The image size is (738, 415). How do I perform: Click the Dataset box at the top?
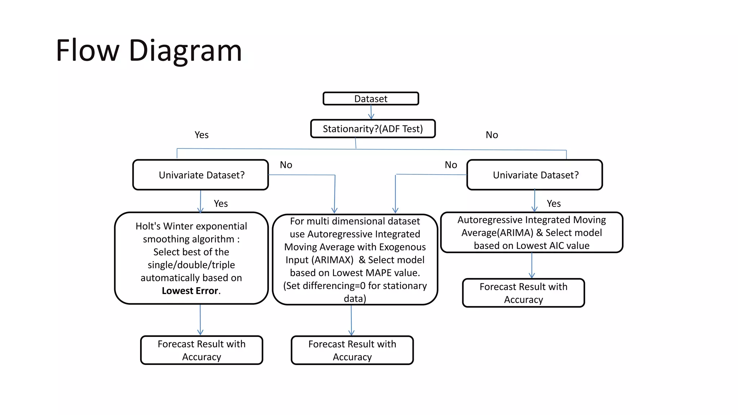click(x=370, y=99)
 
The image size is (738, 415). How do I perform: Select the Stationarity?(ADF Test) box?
click(x=373, y=129)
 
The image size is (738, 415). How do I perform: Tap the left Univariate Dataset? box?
click(x=201, y=175)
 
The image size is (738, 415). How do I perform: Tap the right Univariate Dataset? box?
click(x=535, y=175)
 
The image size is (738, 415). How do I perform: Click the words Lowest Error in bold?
click(x=190, y=291)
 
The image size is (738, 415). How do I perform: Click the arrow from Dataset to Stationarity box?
click(x=371, y=112)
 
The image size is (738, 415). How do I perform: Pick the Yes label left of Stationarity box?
click(x=201, y=135)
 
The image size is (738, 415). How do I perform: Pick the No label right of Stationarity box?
click(x=492, y=135)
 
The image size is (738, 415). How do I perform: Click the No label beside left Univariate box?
click(x=286, y=165)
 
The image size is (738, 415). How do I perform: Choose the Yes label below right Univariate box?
click(x=553, y=204)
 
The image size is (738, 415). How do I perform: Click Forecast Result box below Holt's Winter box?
click(x=201, y=350)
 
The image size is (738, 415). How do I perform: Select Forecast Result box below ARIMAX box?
click(x=352, y=350)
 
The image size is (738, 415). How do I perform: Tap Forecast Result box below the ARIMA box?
click(x=523, y=293)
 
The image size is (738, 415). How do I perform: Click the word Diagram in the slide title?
click(x=185, y=51)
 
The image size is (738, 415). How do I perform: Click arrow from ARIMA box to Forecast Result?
click(x=532, y=266)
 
